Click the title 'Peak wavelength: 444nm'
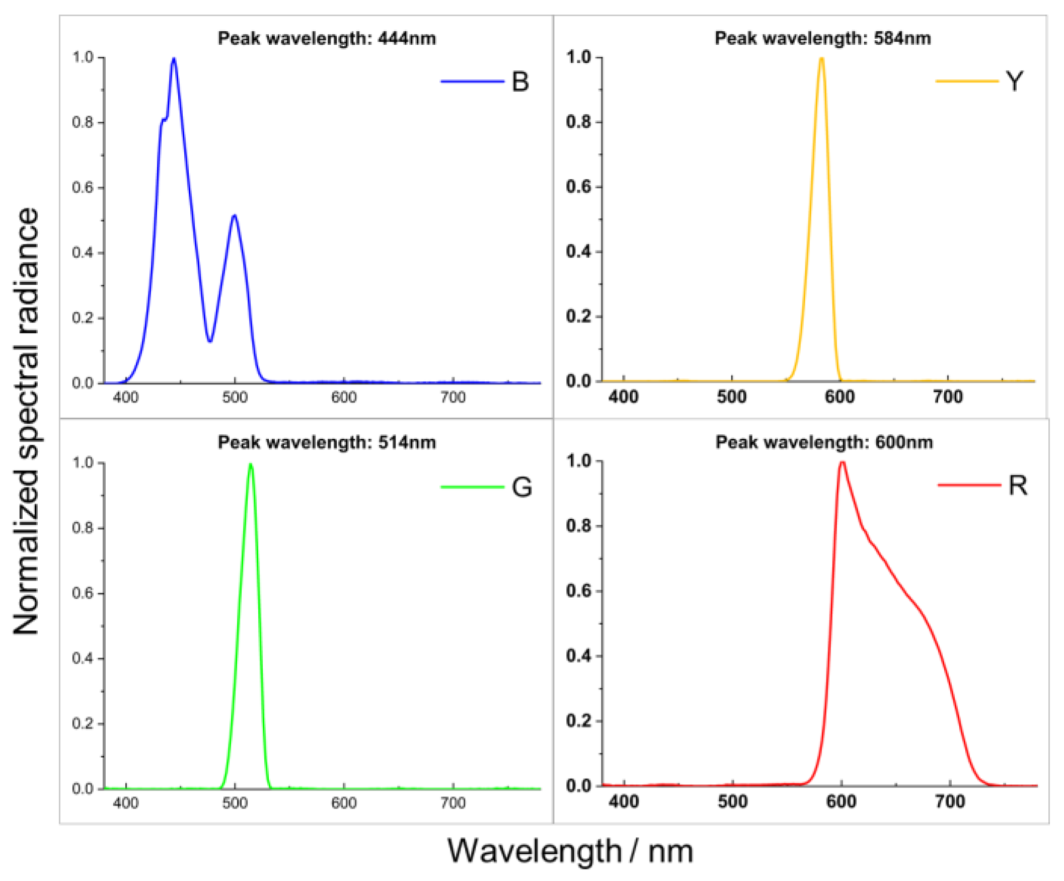coord(327,39)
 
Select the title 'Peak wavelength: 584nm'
coord(823,39)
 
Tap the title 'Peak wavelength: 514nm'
coord(327,443)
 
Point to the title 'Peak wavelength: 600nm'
coord(824,443)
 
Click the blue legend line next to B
coord(472,81)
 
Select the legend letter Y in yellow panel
coord(1014,81)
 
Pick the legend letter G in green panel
coord(521,488)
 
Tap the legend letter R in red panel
coord(1018,486)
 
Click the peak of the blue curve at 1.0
coord(174,59)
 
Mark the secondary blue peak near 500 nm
coord(234,216)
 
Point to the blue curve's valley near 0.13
coord(210,341)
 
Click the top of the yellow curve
coord(821,58)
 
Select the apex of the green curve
coord(250,464)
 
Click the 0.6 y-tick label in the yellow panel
coord(579,187)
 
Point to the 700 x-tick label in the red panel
coord(949,802)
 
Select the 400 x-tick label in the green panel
coord(125,803)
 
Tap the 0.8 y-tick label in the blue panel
coord(83,123)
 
